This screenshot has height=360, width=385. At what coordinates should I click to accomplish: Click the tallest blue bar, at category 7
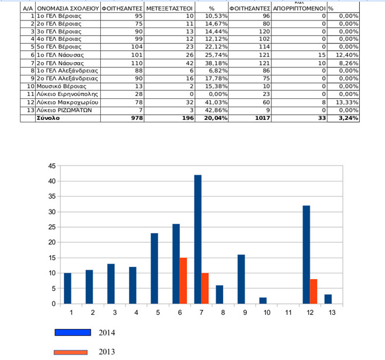pyautogui.click(x=198, y=239)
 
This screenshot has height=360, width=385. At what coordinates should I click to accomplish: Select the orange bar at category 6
pyautogui.click(x=183, y=281)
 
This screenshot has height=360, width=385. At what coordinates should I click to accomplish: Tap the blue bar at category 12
pyautogui.click(x=306, y=255)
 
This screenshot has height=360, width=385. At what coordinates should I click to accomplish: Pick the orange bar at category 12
pyautogui.click(x=314, y=292)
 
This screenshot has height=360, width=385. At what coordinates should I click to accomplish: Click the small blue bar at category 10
pyautogui.click(x=263, y=301)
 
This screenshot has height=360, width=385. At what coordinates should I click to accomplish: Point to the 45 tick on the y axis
pyautogui.click(x=52, y=166)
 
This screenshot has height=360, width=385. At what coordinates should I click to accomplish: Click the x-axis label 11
pyautogui.click(x=288, y=313)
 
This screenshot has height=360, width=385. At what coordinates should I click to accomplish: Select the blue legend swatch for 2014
pyautogui.click(x=73, y=332)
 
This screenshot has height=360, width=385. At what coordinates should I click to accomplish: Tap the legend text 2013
pyautogui.click(x=107, y=352)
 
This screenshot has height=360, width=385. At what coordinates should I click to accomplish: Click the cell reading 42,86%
pyautogui.click(x=216, y=110)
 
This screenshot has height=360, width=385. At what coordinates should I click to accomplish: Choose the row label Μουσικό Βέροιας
pyautogui.click(x=62, y=86)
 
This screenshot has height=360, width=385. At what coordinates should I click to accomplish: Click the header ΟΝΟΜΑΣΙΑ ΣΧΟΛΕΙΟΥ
pyautogui.click(x=68, y=9)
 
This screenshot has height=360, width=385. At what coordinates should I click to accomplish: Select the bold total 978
pyautogui.click(x=137, y=118)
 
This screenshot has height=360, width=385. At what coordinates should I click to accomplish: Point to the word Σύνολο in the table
pyautogui.click(x=48, y=118)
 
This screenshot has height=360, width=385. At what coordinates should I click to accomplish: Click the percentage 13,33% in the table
pyautogui.click(x=347, y=102)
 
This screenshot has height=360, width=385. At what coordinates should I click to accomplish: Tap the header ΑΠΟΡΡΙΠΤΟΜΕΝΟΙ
pyautogui.click(x=299, y=9)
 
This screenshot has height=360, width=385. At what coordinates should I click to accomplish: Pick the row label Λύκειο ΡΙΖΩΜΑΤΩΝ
pyautogui.click(x=64, y=110)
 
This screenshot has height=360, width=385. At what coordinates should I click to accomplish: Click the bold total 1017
pyautogui.click(x=263, y=118)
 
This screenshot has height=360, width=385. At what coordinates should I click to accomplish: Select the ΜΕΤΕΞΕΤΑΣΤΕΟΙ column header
pyautogui.click(x=169, y=9)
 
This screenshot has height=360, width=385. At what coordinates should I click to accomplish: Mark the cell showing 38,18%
pyautogui.click(x=216, y=63)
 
